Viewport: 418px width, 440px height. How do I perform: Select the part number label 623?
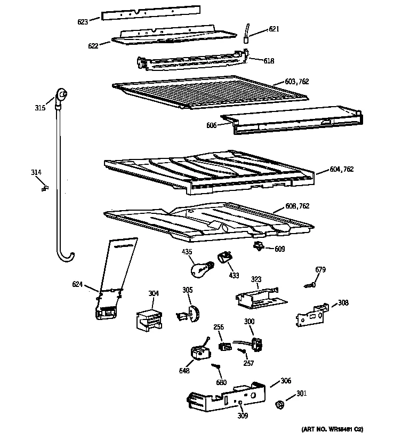(x=82, y=22)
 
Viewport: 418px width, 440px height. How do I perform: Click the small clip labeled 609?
(x=260, y=246)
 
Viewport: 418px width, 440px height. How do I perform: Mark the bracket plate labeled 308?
(x=312, y=316)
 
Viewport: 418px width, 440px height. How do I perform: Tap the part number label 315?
(x=40, y=108)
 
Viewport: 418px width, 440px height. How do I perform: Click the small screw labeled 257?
(x=242, y=351)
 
